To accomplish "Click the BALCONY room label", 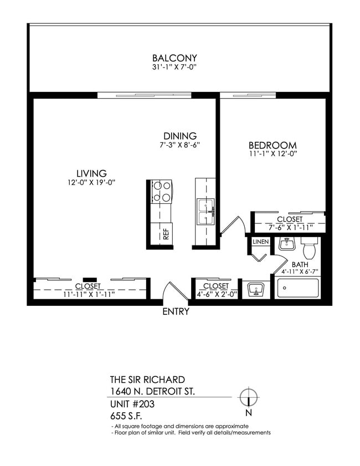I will point(174,58).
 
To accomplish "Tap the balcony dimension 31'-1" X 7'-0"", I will point(174,67).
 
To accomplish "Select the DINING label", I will point(180,136).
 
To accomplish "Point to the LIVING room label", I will point(91,173).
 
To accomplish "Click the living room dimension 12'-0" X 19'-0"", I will point(91,182).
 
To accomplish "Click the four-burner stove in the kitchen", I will point(161,192).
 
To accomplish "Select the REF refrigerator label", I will point(166,234).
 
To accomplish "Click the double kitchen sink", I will point(205,211).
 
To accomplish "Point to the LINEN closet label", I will point(260,242).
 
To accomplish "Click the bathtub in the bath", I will point(298,288).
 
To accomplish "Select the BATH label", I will point(300,264).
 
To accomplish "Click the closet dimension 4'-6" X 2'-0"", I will point(215,294).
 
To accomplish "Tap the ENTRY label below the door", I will point(176,311).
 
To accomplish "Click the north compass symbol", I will point(249,397).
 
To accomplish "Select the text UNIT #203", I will point(132,404).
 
